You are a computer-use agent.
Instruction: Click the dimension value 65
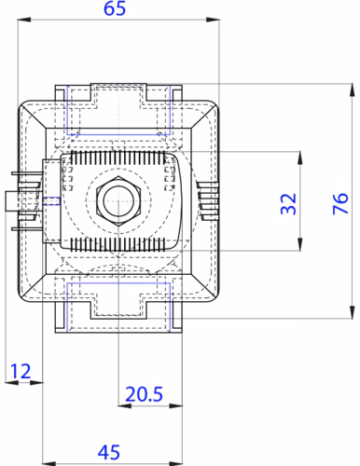point(115,8)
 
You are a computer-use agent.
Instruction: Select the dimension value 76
point(340,203)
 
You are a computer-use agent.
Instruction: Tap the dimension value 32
point(288,203)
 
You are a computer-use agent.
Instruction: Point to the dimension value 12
point(21,371)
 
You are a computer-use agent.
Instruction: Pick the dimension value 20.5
point(144,394)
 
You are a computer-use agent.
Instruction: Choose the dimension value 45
point(109,452)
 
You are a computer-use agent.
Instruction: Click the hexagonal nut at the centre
point(118,201)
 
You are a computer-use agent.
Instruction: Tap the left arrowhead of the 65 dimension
point(24,20)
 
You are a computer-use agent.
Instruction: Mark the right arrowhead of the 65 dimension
point(213,20)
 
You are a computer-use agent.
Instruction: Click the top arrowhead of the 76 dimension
point(352,90)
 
